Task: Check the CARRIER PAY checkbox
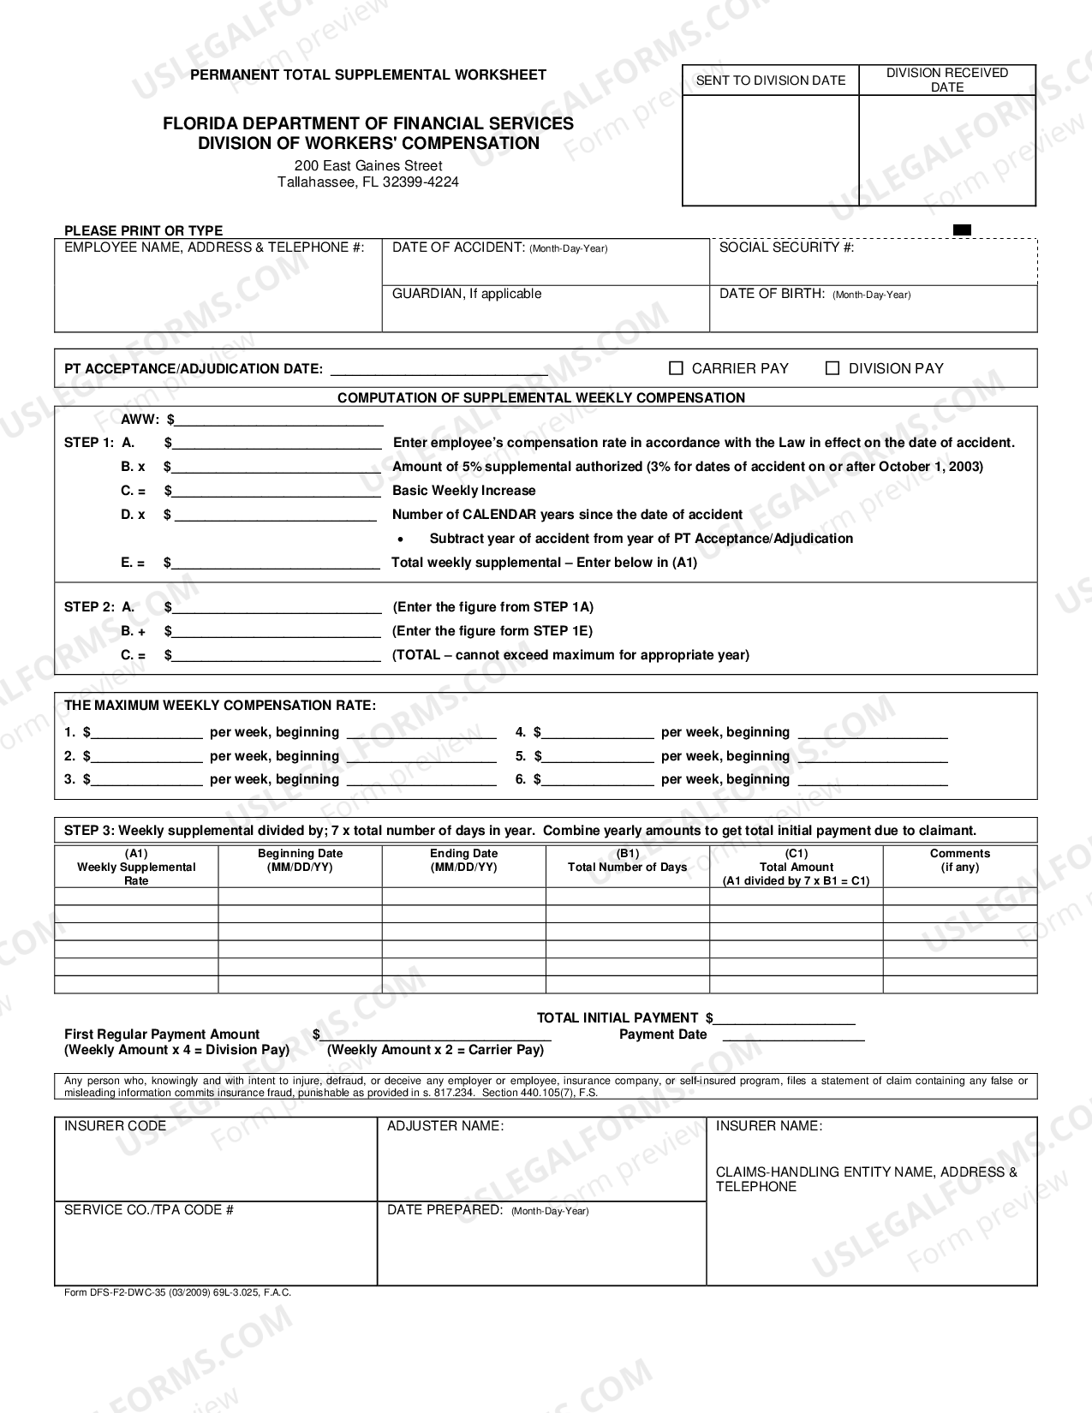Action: click(676, 368)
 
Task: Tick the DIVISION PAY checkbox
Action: click(832, 368)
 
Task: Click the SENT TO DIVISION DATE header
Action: click(770, 80)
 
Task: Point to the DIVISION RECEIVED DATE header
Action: click(946, 80)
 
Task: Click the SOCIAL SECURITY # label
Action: click(786, 247)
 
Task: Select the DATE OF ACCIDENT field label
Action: click(499, 247)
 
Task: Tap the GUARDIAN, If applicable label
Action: click(467, 294)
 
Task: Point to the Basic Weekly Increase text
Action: click(463, 491)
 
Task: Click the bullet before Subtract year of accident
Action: click(401, 540)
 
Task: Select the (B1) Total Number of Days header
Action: click(627, 861)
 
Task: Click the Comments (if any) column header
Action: click(959, 861)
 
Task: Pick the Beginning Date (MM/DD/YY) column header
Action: click(300, 861)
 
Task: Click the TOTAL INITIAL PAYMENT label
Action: click(617, 1018)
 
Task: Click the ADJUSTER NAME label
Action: click(445, 1126)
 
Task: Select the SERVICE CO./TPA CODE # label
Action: click(149, 1210)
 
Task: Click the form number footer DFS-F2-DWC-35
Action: click(177, 1293)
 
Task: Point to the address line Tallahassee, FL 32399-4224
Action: click(367, 182)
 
